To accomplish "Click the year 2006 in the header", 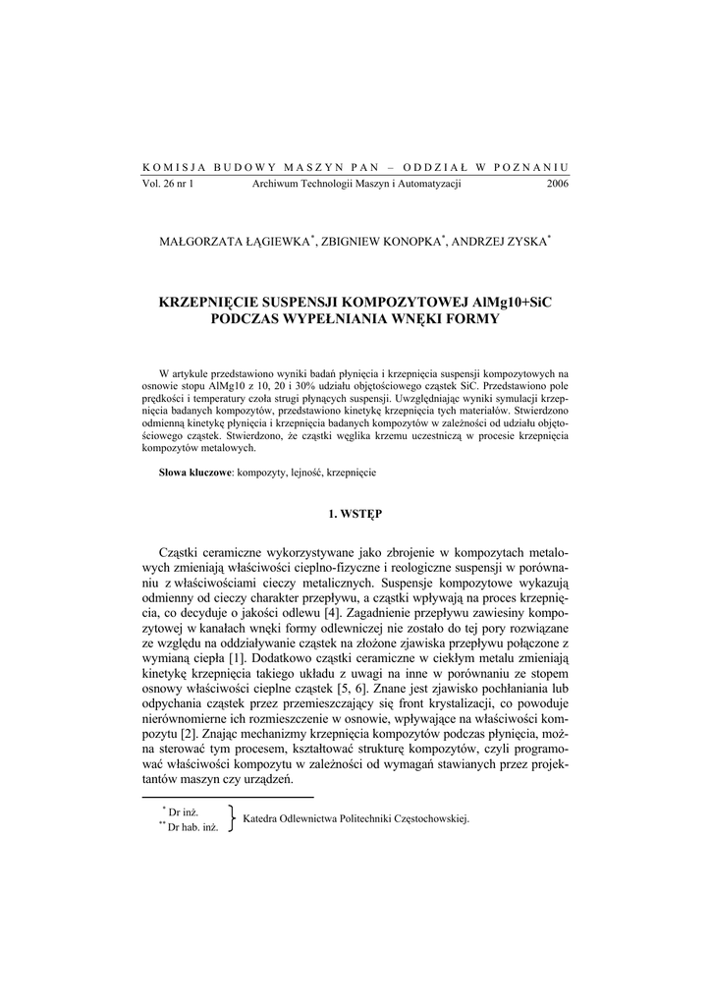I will pyautogui.click(x=557, y=184).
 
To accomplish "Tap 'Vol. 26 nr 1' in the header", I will pyautogui.click(x=168, y=184).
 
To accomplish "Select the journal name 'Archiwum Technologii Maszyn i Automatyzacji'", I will pyautogui.click(x=356, y=184).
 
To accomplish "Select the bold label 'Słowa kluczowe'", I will pyautogui.click(x=195, y=473).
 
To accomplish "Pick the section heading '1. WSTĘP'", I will pyautogui.click(x=355, y=513).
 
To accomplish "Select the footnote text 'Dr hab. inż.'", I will pyautogui.click(x=191, y=826).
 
